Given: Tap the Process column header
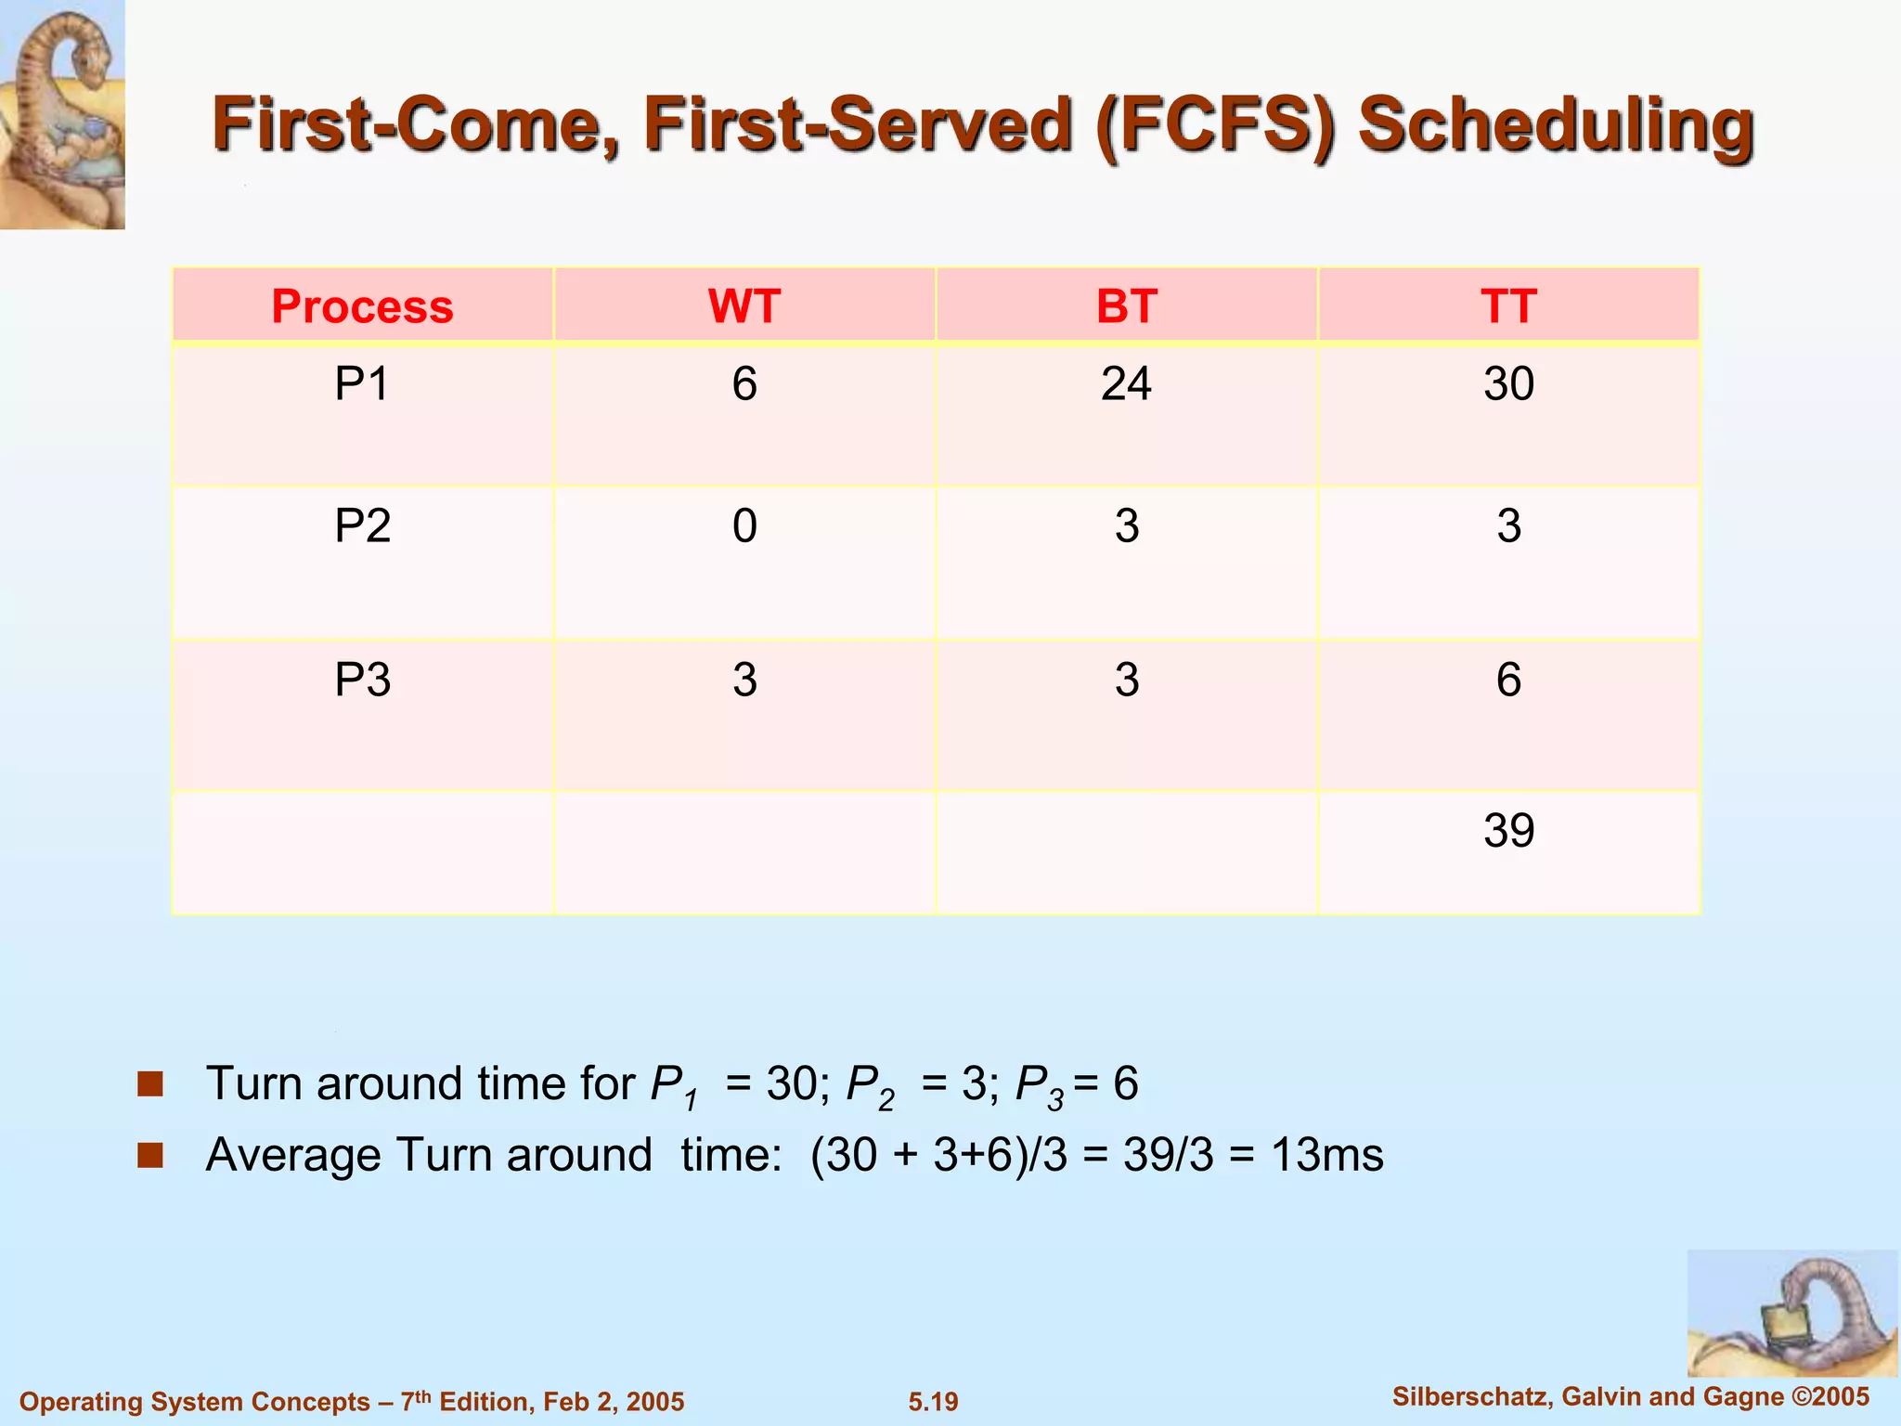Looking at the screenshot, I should pyautogui.click(x=362, y=306).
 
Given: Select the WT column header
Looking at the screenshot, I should pyautogui.click(x=744, y=306).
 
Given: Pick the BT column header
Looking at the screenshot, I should pyautogui.click(x=1126, y=306).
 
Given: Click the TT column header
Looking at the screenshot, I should pyautogui.click(x=1508, y=306).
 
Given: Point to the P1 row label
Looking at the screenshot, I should pyautogui.click(x=362, y=383).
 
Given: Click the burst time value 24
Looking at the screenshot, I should pyautogui.click(x=1126, y=383).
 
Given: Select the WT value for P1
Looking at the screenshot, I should pyautogui.click(x=744, y=383).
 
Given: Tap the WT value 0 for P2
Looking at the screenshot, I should pyautogui.click(x=744, y=526).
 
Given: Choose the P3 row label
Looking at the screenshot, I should pyautogui.click(x=362, y=680).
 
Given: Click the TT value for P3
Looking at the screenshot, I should pyautogui.click(x=1508, y=680).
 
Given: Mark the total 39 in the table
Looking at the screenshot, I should pyautogui.click(x=1508, y=830).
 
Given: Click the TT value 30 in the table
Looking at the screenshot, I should pyautogui.click(x=1508, y=383).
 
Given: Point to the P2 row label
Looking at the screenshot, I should pyautogui.click(x=362, y=526).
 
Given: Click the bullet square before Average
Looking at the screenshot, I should pyautogui.click(x=150, y=1155).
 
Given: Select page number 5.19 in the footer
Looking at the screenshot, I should pyautogui.click(x=933, y=1401).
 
